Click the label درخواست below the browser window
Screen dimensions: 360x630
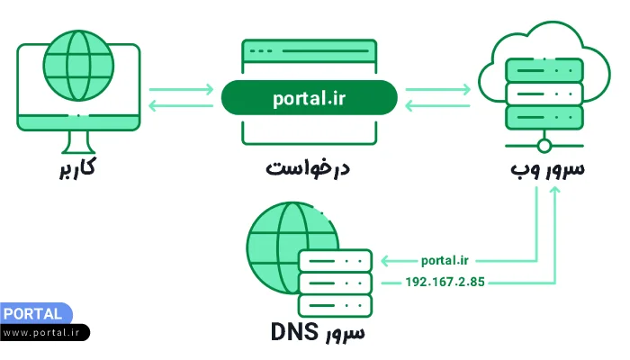tap(308, 168)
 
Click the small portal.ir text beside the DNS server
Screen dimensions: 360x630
tap(445, 260)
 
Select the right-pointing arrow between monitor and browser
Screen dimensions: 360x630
tap(181, 89)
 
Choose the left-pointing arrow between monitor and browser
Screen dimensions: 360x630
tap(181, 106)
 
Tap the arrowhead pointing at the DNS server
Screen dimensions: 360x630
tap(386, 260)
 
